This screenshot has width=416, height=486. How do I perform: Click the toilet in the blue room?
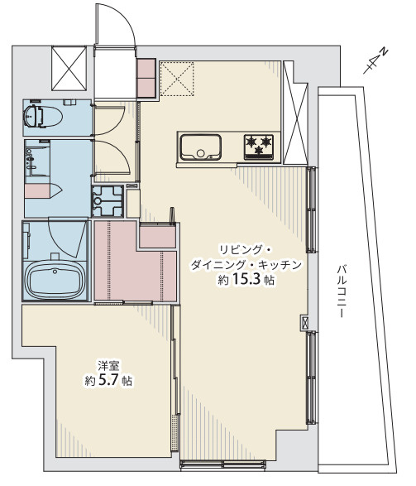click(x=43, y=116)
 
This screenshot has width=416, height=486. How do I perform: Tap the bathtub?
click(x=55, y=280)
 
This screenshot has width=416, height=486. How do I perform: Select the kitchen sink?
click(x=201, y=147)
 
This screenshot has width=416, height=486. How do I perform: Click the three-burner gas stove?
click(x=259, y=147)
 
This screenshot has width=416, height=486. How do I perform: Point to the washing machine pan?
click(x=108, y=200)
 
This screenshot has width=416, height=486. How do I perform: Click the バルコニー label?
click(x=341, y=291)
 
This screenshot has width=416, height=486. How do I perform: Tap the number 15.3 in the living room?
click(x=246, y=280)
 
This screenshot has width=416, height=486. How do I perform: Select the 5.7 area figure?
click(x=108, y=380)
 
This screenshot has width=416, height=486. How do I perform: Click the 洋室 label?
click(x=108, y=366)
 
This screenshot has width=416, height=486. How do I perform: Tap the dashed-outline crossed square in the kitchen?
click(x=177, y=79)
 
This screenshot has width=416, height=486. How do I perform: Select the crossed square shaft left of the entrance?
click(x=69, y=68)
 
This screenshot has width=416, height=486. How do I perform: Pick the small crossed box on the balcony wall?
click(x=304, y=323)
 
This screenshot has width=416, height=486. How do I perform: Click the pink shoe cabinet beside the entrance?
click(x=146, y=78)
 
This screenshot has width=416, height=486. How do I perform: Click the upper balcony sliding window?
click(x=312, y=209)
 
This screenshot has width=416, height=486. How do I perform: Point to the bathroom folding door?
click(x=67, y=237)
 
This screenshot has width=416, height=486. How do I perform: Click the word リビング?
click(x=240, y=250)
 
